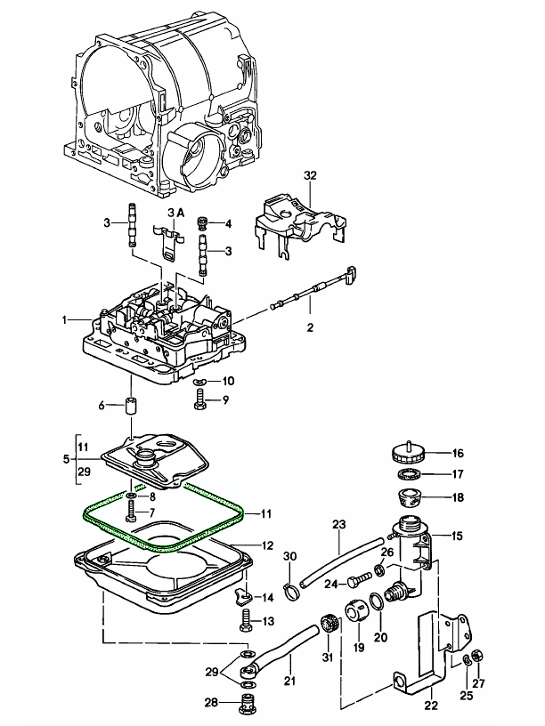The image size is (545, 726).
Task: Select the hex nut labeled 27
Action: pyautogui.click(x=476, y=656)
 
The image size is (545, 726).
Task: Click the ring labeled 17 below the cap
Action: pyautogui.click(x=409, y=472)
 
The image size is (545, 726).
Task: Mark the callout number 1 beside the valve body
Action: pyautogui.click(x=64, y=319)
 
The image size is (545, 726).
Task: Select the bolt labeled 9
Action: pyautogui.click(x=200, y=401)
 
